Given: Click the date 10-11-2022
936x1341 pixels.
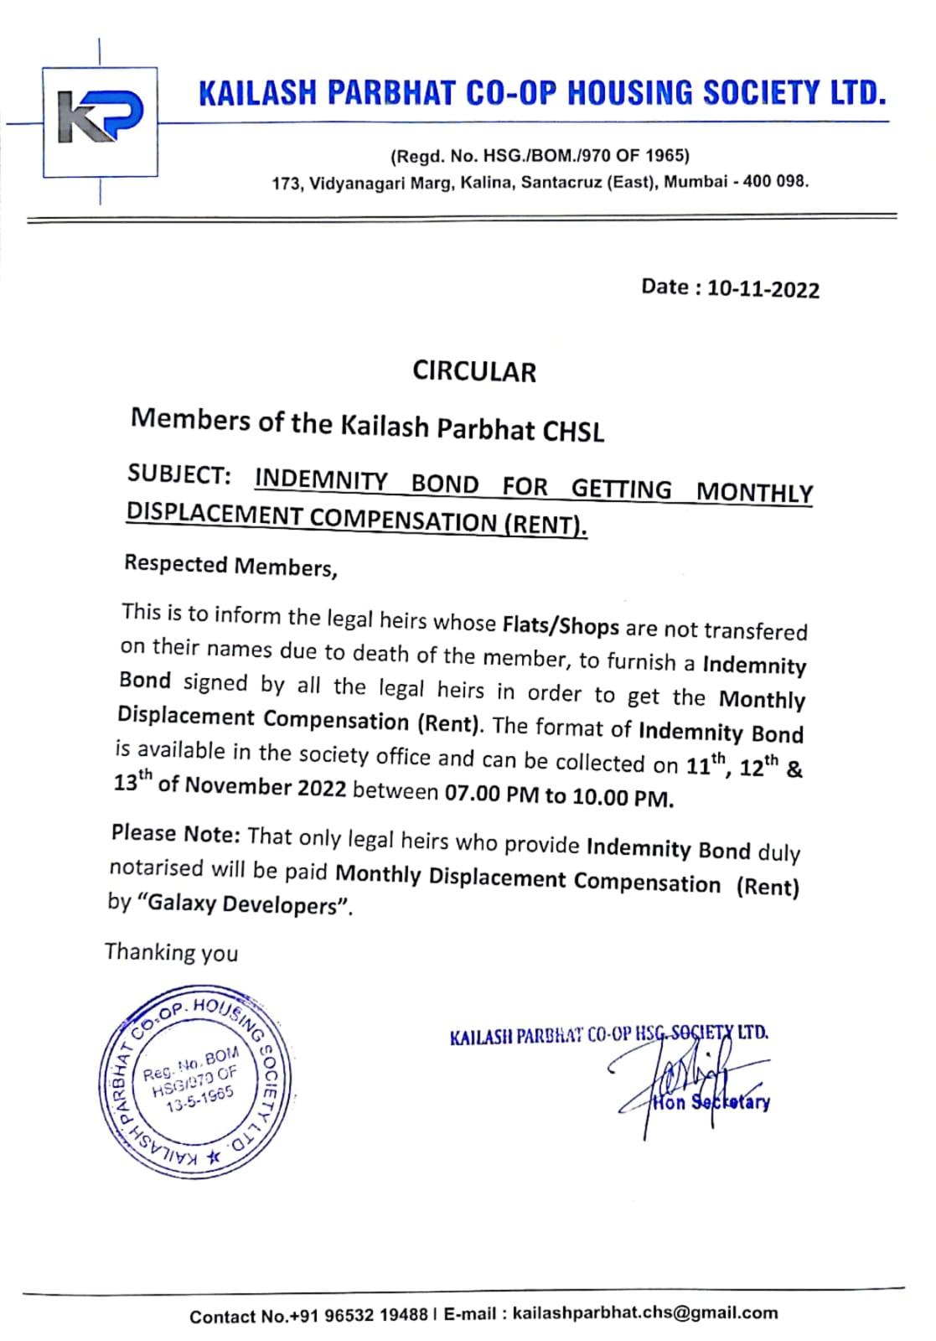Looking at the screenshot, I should click(x=763, y=289).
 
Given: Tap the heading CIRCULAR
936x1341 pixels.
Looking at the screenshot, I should click(x=473, y=371).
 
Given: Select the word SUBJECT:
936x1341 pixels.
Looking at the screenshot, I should click(x=179, y=474).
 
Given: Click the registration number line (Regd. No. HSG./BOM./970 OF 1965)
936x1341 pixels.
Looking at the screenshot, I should click(x=540, y=156).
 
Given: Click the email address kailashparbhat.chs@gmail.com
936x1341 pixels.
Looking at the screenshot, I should click(x=644, y=1313).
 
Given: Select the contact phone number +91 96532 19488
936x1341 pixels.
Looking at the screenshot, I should click(x=358, y=1316).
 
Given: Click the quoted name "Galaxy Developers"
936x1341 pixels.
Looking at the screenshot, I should click(x=245, y=905).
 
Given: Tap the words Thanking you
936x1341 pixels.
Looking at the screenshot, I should click(x=171, y=952).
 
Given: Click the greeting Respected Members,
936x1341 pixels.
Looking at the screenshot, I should click(x=230, y=566).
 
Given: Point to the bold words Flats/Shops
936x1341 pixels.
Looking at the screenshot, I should click(x=561, y=625).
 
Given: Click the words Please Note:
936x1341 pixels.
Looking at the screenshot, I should click(x=176, y=834).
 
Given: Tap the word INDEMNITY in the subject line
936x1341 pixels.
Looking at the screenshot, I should click(x=321, y=479).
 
